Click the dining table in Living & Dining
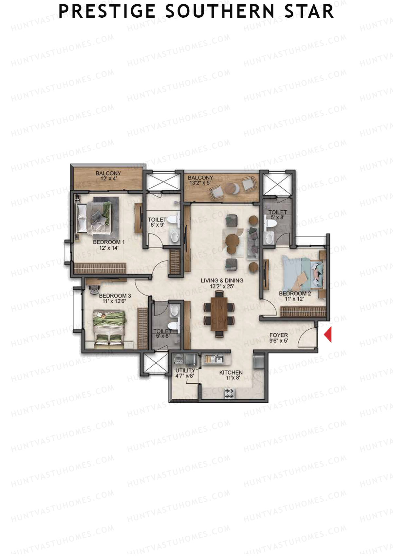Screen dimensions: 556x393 (219, 314)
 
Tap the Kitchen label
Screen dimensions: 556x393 (231, 373)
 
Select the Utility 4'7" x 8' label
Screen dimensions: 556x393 (185, 373)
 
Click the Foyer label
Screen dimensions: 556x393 (279, 335)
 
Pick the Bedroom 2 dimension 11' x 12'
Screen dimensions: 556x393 (295, 299)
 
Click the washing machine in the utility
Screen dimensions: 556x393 (179, 359)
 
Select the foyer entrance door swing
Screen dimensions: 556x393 (307, 336)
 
